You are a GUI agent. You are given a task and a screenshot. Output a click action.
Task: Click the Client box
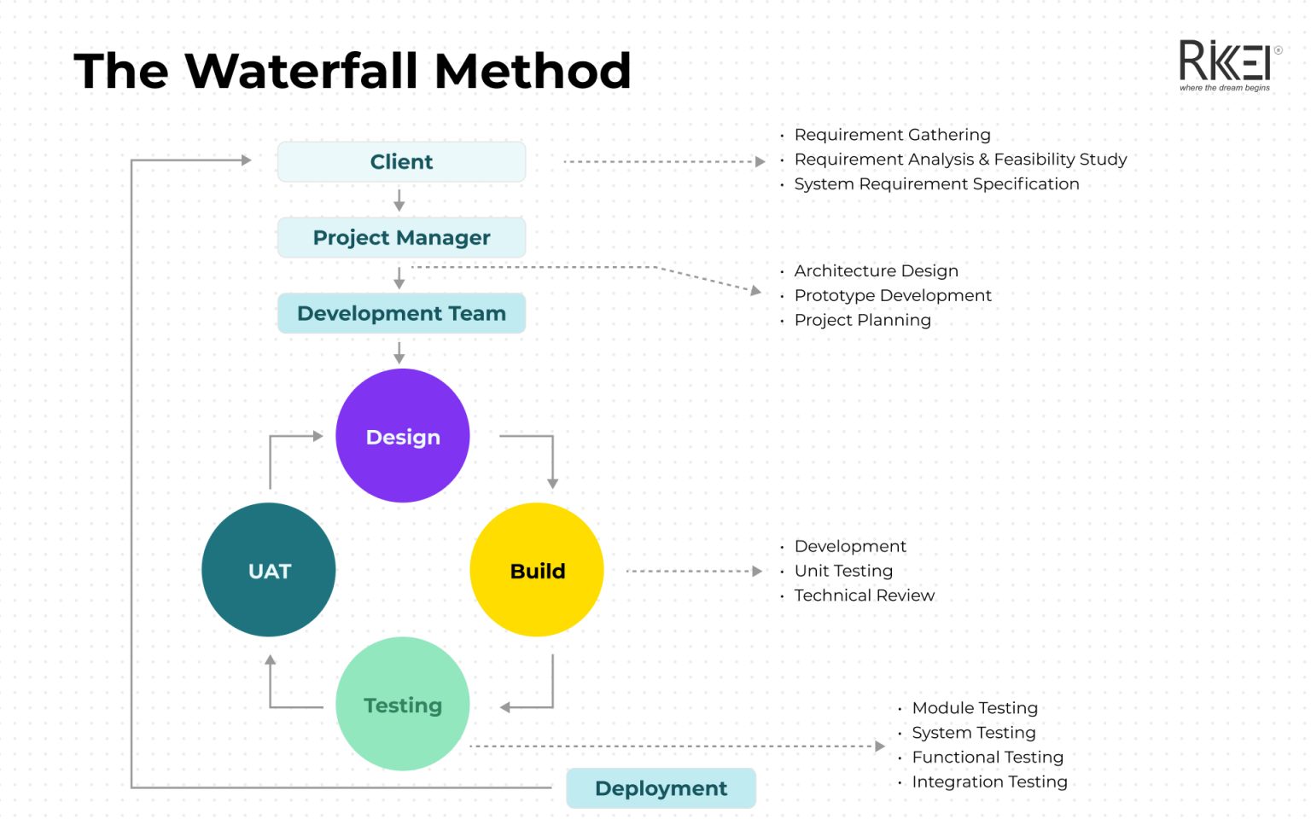pos(401,162)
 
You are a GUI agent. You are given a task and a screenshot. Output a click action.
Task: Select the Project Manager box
pos(401,237)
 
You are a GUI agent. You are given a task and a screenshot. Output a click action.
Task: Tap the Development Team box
pos(401,313)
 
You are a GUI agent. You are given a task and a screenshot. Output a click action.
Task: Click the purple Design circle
pos(403,436)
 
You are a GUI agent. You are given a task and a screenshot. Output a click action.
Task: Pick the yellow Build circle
pos(537,570)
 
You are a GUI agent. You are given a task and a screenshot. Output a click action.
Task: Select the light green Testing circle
pos(403,705)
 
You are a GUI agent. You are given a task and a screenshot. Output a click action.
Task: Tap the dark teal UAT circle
pos(269,570)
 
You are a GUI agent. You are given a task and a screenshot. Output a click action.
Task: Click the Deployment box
pos(661,788)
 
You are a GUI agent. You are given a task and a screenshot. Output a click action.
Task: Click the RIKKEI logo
pos(1226,65)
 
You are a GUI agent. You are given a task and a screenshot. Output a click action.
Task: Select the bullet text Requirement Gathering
pos(892,135)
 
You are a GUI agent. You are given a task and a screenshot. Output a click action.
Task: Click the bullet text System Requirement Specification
pos(936,184)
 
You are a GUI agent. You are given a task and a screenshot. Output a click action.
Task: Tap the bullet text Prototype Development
pos(893,295)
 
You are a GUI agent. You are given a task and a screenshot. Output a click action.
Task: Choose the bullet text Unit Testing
pos(843,571)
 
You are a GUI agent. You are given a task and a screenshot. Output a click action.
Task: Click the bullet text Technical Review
pos(864,595)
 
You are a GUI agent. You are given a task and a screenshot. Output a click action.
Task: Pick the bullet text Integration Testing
pos(989,782)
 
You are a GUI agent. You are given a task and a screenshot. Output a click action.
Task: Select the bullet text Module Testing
pos(975,708)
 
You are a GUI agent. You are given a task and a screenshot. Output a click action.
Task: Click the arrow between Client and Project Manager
pos(399,200)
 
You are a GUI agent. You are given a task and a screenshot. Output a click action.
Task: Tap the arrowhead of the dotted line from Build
pos(757,571)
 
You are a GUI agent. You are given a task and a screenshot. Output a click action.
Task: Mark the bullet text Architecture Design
pos(876,270)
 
